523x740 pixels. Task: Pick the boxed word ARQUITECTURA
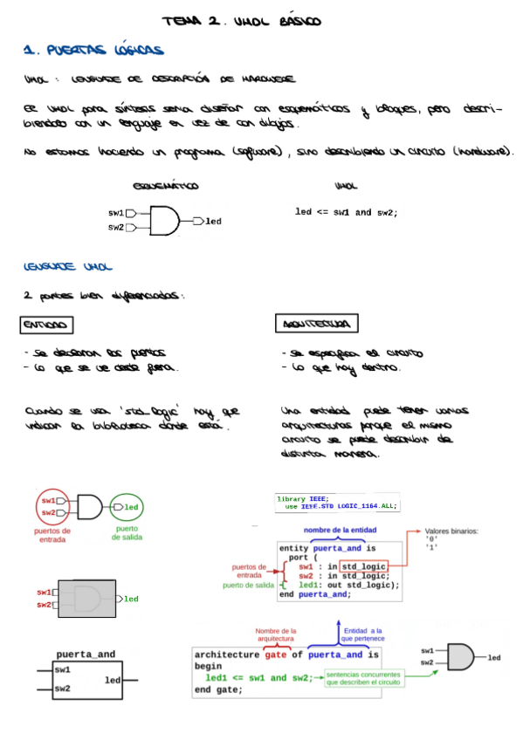pos(316,325)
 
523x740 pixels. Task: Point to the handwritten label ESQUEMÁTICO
pos(165,187)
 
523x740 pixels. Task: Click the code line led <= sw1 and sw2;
pos(346,212)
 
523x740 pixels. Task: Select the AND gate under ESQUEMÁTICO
pos(164,220)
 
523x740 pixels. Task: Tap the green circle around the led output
pos(127,507)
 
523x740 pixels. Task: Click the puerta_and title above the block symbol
pos(86,654)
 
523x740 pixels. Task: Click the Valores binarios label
pos(451,531)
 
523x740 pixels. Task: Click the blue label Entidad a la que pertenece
pos(363,634)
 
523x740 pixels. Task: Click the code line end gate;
pos(218,690)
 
